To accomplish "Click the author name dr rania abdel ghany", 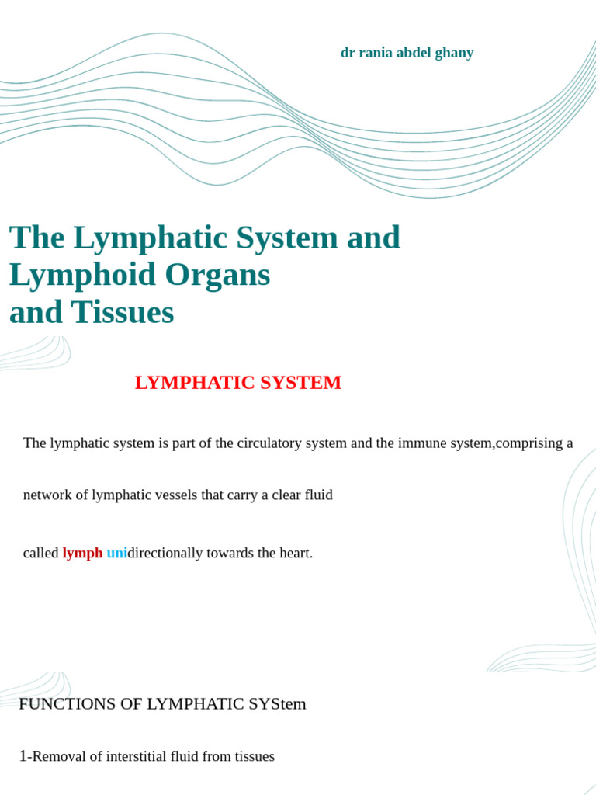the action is tap(407, 53).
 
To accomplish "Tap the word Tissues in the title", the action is tap(123, 312).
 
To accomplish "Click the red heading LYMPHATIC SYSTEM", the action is tap(237, 383).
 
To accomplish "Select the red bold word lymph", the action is tap(82, 553).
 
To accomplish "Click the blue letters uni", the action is tap(116, 553).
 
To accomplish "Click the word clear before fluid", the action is tap(286, 495).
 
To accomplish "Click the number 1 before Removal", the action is tap(23, 755).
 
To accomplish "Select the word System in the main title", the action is tap(292, 238).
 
